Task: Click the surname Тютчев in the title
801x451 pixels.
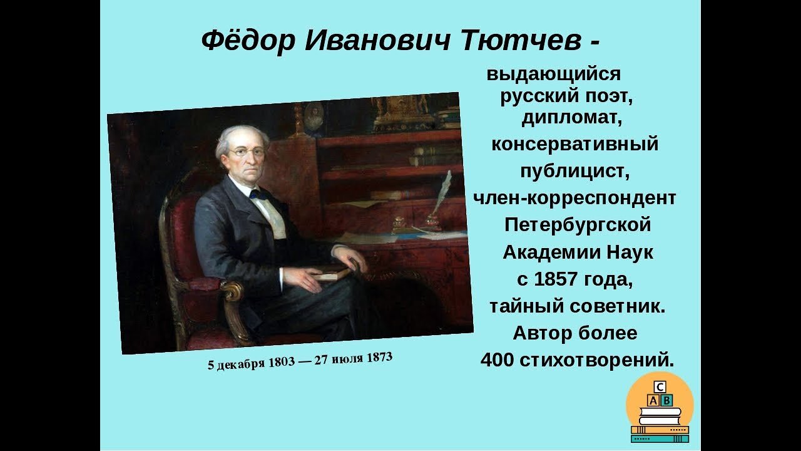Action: click(521, 40)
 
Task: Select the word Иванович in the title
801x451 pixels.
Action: click(377, 40)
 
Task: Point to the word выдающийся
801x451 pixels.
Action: click(554, 75)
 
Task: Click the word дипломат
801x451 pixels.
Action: click(571, 118)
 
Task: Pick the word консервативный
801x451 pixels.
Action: click(575, 144)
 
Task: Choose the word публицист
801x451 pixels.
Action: click(574, 172)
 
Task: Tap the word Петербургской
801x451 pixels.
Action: click(578, 225)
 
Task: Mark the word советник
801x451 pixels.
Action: click(617, 306)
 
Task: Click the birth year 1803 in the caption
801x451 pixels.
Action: click(282, 362)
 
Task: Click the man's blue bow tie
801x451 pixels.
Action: click(259, 195)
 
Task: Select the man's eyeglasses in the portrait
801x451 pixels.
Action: click(247, 153)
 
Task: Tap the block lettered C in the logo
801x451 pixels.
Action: click(660, 387)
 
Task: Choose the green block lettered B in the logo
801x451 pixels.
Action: click(666, 400)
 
